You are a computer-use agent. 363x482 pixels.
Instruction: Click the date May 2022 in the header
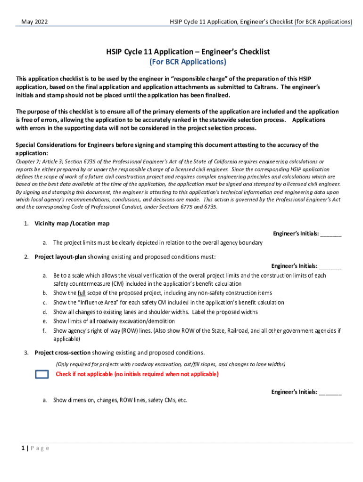(34, 22)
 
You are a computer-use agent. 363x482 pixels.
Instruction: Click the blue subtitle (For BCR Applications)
(188, 62)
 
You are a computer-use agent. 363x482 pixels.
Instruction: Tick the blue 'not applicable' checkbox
(42, 374)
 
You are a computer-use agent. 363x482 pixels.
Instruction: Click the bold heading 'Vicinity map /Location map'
(72, 224)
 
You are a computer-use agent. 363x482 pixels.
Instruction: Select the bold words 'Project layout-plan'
(60, 257)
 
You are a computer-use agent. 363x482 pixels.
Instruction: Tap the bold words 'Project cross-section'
(62, 353)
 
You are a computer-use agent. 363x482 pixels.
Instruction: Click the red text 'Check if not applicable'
(84, 374)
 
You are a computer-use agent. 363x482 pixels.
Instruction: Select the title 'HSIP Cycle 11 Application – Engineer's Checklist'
(188, 52)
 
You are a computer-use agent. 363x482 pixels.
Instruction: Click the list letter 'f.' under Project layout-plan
(44, 331)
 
